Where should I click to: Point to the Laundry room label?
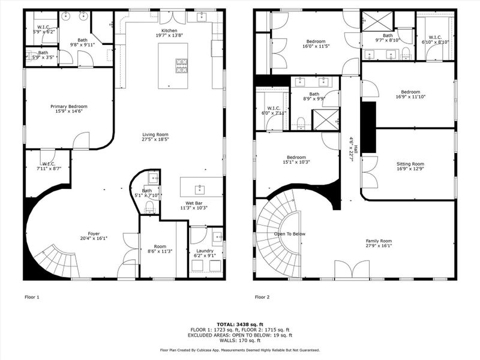tap(205, 251)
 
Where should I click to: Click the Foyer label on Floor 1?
tap(94, 234)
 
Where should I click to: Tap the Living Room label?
tap(155, 134)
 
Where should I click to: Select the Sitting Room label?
tap(410, 164)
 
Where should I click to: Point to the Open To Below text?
tap(290, 234)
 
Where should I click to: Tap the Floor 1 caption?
tap(32, 297)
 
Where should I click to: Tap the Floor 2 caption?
tap(262, 297)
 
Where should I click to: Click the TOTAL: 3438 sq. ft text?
tap(239, 324)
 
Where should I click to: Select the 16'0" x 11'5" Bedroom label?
tap(316, 41)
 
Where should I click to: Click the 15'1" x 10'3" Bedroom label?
tap(295, 157)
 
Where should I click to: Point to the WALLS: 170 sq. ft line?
tap(239, 340)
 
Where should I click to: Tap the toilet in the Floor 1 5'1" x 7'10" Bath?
tap(150, 207)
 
